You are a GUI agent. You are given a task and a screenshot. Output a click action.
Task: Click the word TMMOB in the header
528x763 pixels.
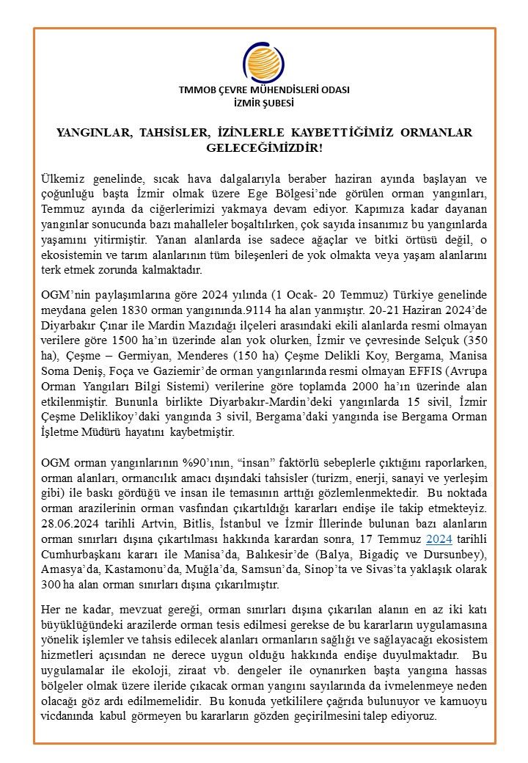pyautogui.click(x=194, y=90)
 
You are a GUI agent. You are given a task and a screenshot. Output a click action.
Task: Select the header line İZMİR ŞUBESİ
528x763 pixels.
pyautogui.click(x=264, y=103)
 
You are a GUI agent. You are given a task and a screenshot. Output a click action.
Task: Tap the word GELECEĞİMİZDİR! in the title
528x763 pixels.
pyautogui.click(x=264, y=148)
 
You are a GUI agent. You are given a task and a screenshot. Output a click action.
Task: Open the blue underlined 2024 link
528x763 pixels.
pyautogui.click(x=438, y=538)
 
